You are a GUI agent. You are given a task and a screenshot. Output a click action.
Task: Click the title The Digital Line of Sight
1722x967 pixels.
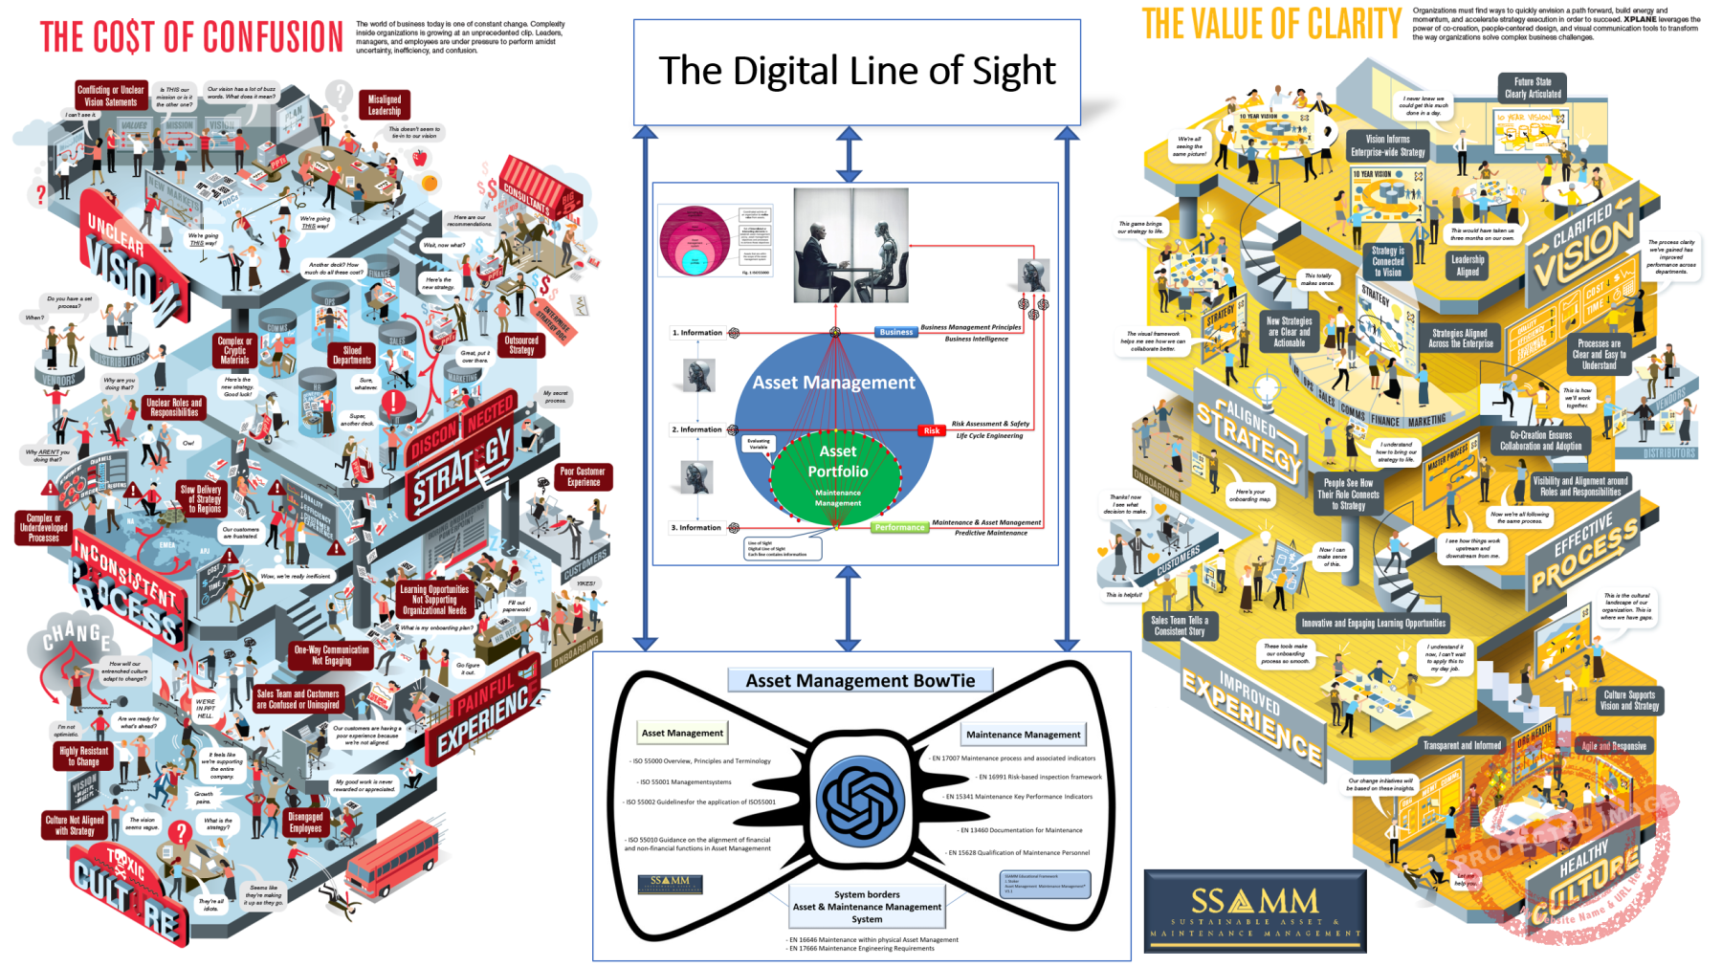[x=856, y=72]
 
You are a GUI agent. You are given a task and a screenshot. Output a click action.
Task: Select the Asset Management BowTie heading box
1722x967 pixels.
[x=860, y=680]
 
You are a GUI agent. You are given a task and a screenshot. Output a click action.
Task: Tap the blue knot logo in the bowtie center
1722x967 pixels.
[x=860, y=802]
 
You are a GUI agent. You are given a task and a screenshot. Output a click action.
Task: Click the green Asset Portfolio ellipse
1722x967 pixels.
[x=837, y=475]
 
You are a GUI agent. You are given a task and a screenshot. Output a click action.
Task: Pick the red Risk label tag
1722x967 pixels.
[x=931, y=430]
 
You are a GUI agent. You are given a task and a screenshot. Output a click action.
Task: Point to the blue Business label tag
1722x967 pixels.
[x=895, y=332]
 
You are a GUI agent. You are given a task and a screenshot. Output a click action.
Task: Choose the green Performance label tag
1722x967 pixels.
[x=899, y=527]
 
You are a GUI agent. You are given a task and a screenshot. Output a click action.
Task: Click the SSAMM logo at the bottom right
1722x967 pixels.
[x=1254, y=911]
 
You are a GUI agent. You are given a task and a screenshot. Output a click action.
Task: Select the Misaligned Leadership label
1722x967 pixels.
[x=385, y=104]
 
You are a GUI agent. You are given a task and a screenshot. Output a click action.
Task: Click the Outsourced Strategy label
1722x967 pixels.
[x=521, y=345]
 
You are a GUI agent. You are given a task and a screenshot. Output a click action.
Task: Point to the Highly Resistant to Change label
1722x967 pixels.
[x=83, y=757]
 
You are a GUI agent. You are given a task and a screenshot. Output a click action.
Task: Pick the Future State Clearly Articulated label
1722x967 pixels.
[x=1532, y=88]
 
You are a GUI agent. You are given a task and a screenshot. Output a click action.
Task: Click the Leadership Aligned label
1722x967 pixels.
[x=1467, y=265]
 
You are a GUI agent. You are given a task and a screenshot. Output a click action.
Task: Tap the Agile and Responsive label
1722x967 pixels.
[x=1613, y=745]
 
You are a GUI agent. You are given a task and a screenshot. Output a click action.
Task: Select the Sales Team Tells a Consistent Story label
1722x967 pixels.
[x=1179, y=626]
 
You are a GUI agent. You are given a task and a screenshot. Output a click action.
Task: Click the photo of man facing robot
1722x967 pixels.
[x=850, y=245]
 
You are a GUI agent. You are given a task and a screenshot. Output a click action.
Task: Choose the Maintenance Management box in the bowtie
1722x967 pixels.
[x=1023, y=735]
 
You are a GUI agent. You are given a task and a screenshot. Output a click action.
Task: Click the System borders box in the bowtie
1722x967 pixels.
[x=867, y=906]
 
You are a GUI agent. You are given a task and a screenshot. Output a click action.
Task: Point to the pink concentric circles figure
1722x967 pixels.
[x=695, y=241]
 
